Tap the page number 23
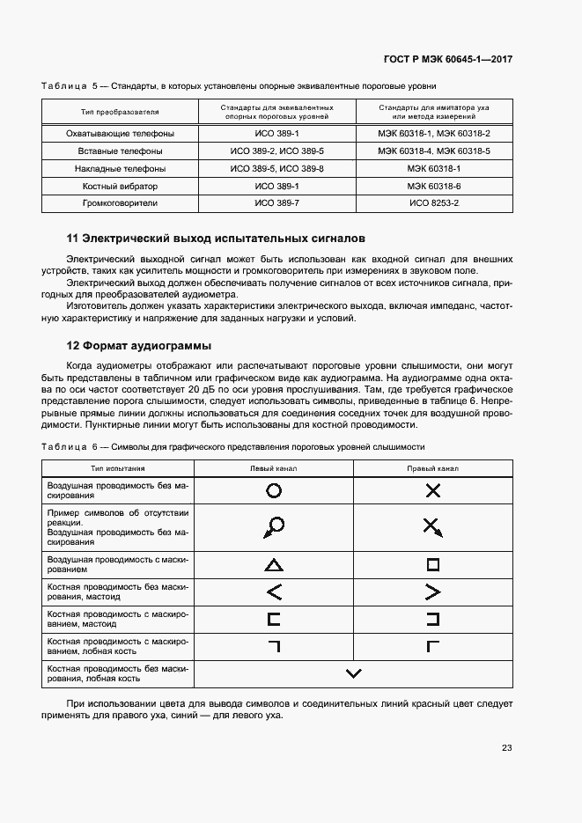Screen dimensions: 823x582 (x=506, y=748)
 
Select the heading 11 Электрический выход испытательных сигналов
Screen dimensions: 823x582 (x=216, y=239)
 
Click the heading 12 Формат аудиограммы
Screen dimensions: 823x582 (x=139, y=345)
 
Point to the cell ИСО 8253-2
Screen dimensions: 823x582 (x=434, y=203)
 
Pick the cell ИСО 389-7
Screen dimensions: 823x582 (x=277, y=203)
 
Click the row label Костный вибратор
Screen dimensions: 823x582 (x=120, y=187)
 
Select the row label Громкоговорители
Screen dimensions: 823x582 (x=120, y=203)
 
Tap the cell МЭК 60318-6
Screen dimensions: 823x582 (x=434, y=187)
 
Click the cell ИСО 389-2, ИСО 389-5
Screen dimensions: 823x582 (x=277, y=151)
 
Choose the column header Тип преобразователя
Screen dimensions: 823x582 (x=120, y=112)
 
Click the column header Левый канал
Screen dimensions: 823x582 (x=274, y=468)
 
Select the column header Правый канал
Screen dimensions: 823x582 (x=432, y=468)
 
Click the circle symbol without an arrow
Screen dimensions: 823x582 (x=274, y=491)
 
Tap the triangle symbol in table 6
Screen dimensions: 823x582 (x=274, y=565)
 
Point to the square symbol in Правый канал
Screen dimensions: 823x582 (x=432, y=564)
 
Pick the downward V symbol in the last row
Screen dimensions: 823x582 (x=354, y=674)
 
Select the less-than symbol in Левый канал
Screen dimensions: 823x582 (x=274, y=592)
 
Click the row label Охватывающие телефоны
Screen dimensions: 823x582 (x=120, y=134)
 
